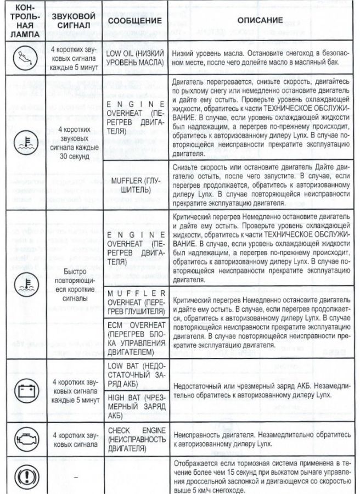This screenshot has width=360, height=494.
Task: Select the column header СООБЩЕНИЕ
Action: tap(134, 21)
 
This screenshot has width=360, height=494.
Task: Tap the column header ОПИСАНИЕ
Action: tap(260, 21)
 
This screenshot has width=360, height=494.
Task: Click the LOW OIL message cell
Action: tap(134, 59)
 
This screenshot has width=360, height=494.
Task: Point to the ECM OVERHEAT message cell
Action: tap(134, 339)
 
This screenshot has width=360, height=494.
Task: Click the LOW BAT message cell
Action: tap(134, 375)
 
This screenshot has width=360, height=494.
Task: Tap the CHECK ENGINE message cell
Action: tap(134, 437)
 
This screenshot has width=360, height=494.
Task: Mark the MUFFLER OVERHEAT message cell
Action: tap(134, 302)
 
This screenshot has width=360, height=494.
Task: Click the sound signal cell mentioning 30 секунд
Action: tap(77, 142)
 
